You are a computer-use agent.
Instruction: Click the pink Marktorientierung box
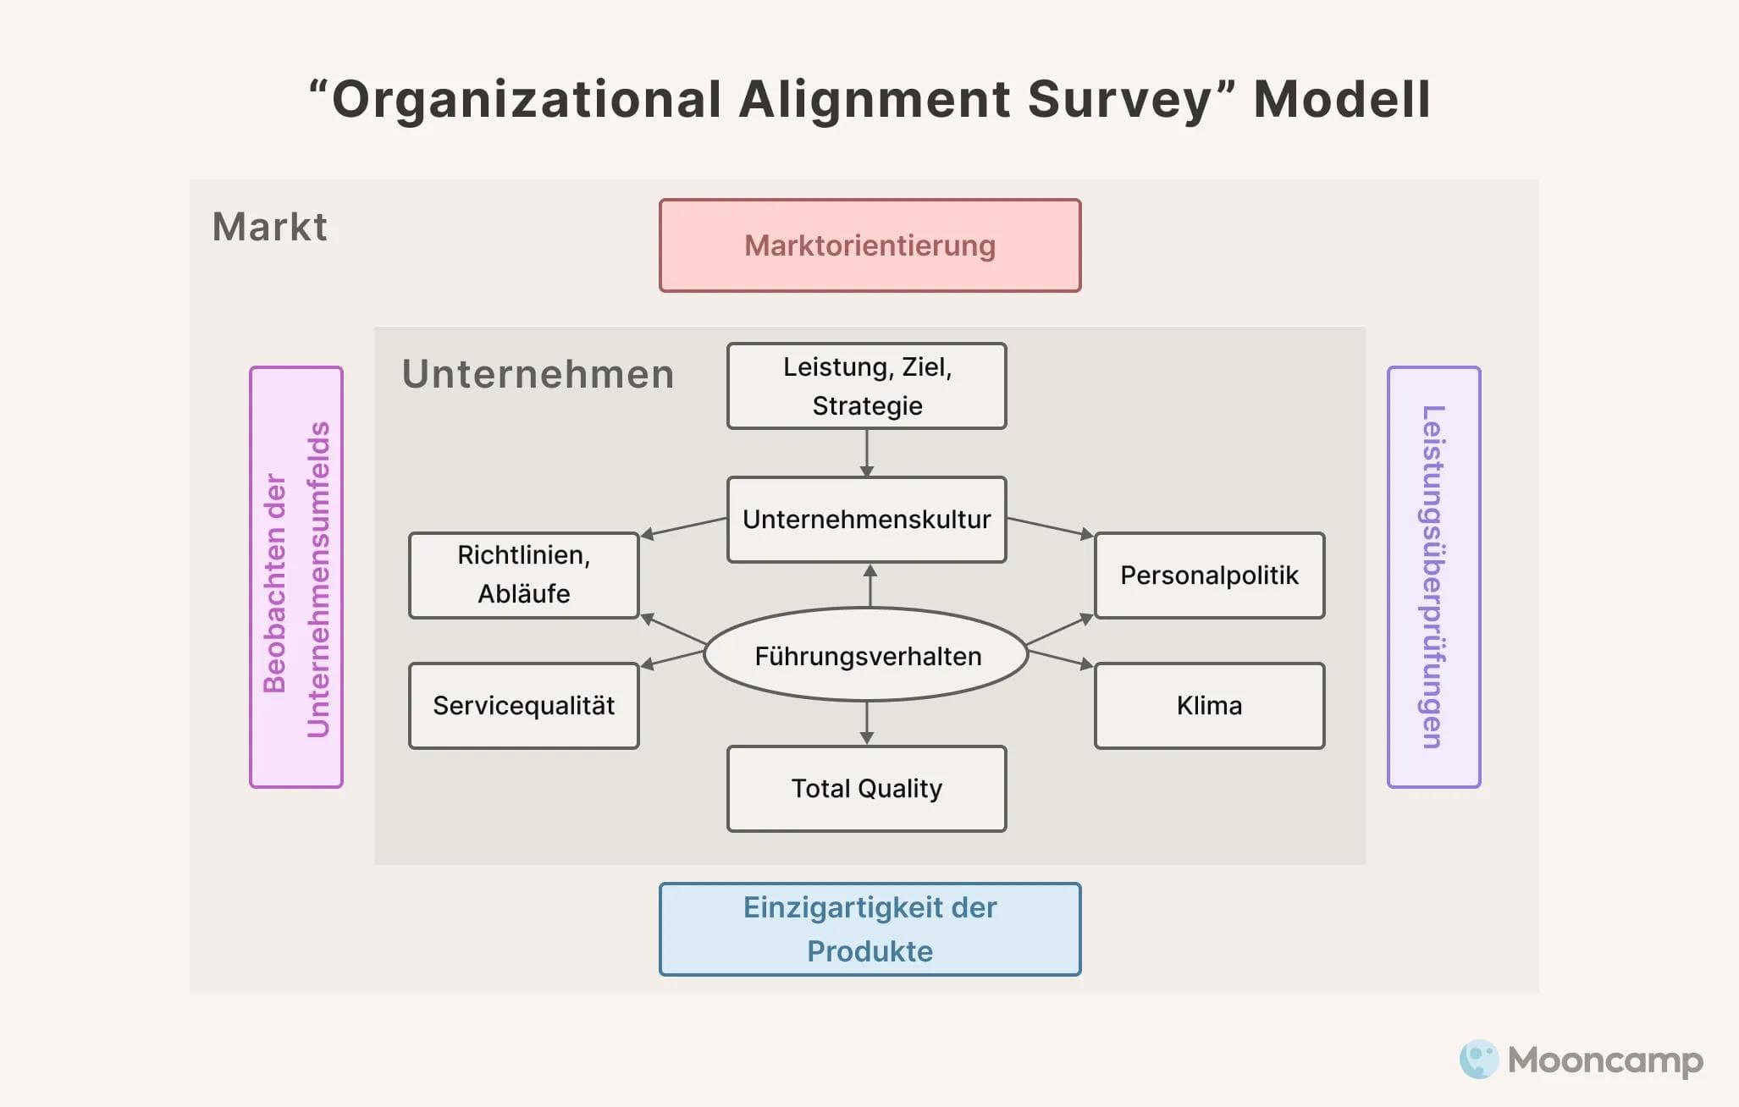(869, 245)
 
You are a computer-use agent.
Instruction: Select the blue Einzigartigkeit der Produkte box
(869, 928)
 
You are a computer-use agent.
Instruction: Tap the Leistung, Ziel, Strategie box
(866, 386)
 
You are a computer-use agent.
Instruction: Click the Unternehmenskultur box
(866, 519)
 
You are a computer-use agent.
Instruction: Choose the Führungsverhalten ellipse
(866, 655)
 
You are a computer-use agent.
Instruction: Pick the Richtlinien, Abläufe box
(523, 575)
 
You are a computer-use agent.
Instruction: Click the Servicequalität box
(523, 705)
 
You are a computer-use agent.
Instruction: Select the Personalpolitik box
(1209, 575)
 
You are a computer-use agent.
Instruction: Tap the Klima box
(1209, 705)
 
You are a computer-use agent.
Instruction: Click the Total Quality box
(866, 788)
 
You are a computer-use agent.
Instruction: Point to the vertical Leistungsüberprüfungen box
(1433, 576)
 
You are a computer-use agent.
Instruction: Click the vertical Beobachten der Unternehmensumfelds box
(295, 576)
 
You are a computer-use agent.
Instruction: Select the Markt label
(269, 227)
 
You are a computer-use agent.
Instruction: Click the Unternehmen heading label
(538, 374)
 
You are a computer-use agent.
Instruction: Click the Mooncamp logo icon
(1478, 1059)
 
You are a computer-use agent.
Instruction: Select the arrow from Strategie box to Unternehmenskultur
(866, 453)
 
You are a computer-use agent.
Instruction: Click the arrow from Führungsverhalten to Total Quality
(866, 723)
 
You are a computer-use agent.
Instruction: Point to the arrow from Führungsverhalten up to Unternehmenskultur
(869, 585)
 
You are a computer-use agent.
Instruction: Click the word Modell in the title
(1341, 99)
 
